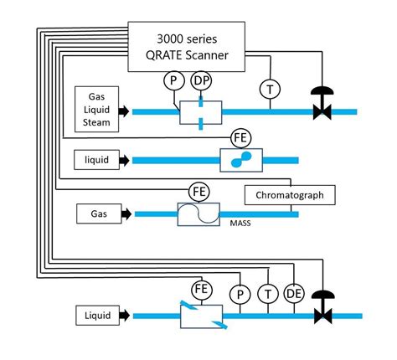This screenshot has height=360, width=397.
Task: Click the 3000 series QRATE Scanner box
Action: pos(185,46)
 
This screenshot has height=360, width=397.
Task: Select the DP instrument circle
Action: pos(202,81)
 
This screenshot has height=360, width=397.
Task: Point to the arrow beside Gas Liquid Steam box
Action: pos(125,111)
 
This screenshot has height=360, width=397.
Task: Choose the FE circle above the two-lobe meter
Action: pos(240,136)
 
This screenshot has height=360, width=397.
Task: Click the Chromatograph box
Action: pos(290,195)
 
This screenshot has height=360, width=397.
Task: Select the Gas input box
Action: pos(98,214)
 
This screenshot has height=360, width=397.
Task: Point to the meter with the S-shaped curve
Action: pos(198,214)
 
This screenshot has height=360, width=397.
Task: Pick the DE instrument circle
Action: pos(294,294)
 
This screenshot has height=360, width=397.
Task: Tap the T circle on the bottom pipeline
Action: pos(267,294)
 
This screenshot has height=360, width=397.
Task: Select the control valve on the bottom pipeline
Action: pos(319,311)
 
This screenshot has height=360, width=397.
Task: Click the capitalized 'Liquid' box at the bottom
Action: pos(98,316)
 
